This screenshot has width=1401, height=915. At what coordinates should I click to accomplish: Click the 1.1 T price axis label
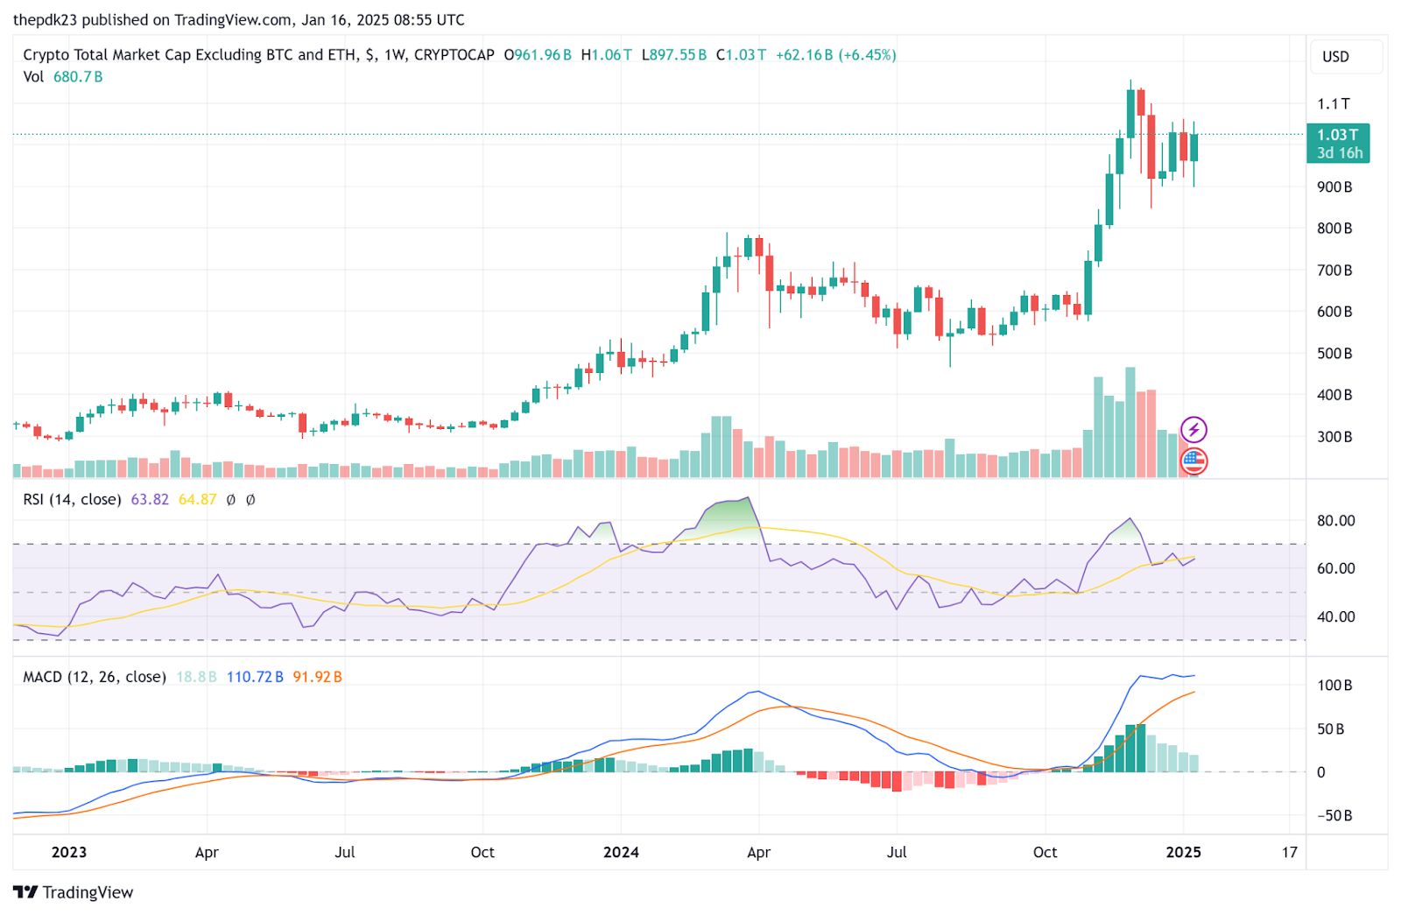(x=1334, y=104)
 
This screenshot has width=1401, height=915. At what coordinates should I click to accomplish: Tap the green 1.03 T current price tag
(x=1338, y=143)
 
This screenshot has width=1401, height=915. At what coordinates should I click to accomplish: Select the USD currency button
(x=1335, y=57)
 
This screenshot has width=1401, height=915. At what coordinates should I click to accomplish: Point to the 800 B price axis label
(x=1334, y=229)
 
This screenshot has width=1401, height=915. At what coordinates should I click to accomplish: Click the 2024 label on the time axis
(x=621, y=853)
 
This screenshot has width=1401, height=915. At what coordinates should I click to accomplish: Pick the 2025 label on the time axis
(x=1183, y=853)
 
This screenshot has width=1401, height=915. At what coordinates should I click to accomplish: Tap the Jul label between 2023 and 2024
(x=345, y=853)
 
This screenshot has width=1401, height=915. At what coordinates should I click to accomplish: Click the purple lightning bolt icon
(x=1194, y=430)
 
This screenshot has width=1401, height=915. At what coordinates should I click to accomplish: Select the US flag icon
(x=1194, y=461)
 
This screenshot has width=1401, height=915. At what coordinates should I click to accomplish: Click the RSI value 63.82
(x=150, y=500)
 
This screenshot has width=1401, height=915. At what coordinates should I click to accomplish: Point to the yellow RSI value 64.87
(x=197, y=500)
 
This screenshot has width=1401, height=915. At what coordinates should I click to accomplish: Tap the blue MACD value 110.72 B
(x=255, y=677)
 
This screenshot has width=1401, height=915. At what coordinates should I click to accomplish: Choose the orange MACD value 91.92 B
(x=317, y=677)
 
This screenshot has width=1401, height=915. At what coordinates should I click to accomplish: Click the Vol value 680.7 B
(x=78, y=77)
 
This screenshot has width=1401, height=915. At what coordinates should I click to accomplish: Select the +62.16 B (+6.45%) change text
(x=835, y=55)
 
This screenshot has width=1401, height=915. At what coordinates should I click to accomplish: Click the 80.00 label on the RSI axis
(x=1335, y=521)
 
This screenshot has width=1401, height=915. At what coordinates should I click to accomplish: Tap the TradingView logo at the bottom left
(x=74, y=892)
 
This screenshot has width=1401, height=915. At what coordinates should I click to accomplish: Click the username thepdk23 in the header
(x=45, y=19)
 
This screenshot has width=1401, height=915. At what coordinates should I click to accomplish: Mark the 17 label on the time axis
(x=1289, y=853)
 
